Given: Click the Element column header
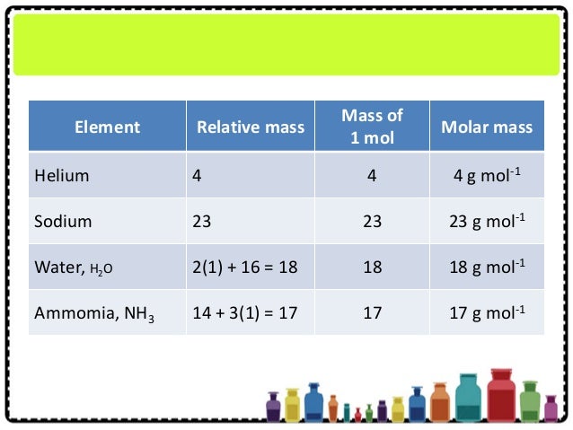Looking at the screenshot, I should pos(107,127).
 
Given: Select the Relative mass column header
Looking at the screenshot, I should pos(244,127).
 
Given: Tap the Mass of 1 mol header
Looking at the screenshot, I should pos(372,126).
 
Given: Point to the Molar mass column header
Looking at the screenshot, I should pos(486,127).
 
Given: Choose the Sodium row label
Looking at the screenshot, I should pos(63,221).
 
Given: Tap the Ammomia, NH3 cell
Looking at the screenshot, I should pos(94,313).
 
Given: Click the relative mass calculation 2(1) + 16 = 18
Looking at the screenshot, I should pos(245,268).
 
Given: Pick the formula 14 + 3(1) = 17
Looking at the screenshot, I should pos(245,313).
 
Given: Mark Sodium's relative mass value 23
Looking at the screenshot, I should pos(202,221).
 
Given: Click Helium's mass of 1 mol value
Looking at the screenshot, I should pos(372,175).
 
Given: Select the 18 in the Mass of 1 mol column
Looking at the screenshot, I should pos(372,268).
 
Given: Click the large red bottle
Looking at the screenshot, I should pos(500,397).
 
